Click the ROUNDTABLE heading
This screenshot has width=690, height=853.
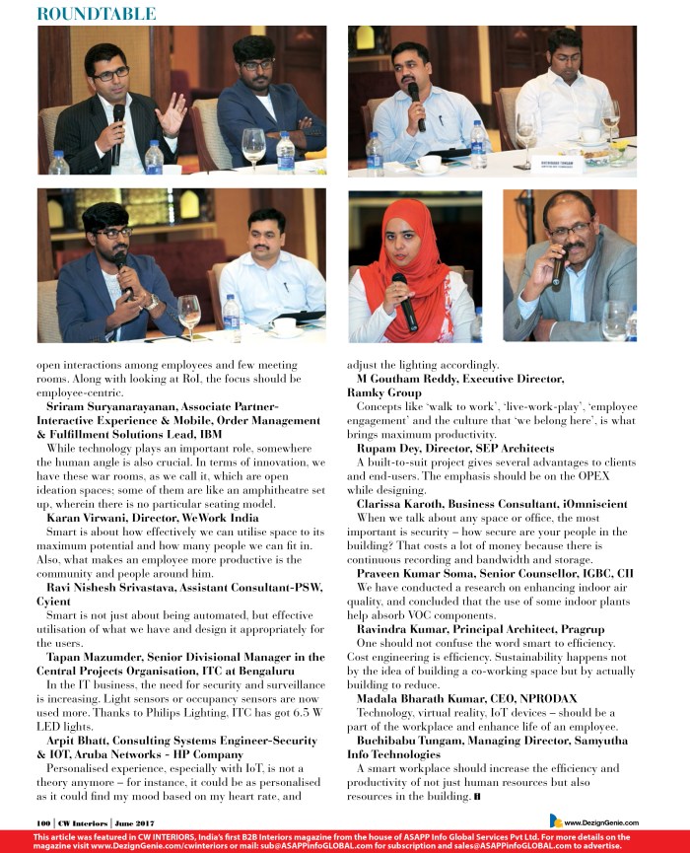click(x=95, y=13)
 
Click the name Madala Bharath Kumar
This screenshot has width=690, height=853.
click(x=426, y=697)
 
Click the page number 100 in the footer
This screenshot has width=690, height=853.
click(x=44, y=820)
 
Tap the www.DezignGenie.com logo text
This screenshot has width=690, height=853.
click(x=600, y=821)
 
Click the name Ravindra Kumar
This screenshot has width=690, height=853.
click(x=407, y=628)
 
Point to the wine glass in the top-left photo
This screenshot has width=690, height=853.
click(x=253, y=146)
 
